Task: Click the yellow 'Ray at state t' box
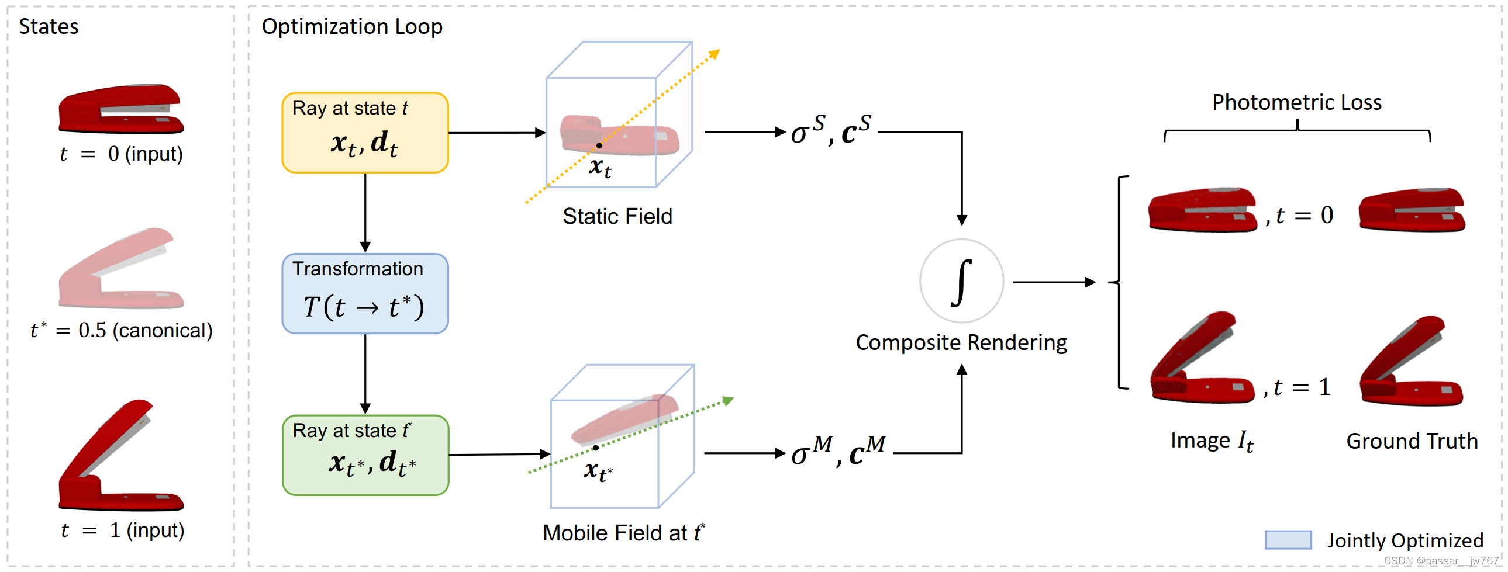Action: [365, 133]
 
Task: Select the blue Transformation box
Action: [365, 294]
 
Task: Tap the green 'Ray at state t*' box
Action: [365, 455]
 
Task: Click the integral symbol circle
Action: [961, 281]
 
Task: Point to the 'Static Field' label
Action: [617, 216]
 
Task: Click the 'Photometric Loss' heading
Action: [1296, 102]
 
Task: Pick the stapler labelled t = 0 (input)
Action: [120, 109]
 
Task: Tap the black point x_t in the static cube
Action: [599, 145]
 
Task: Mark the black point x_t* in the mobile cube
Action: [595, 448]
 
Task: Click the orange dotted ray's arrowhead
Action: [715, 54]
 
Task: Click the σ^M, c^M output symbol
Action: [837, 452]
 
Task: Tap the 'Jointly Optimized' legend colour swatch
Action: [1288, 540]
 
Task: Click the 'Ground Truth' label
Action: [1412, 441]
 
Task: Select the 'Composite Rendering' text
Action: [961, 343]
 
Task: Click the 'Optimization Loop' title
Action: [352, 27]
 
